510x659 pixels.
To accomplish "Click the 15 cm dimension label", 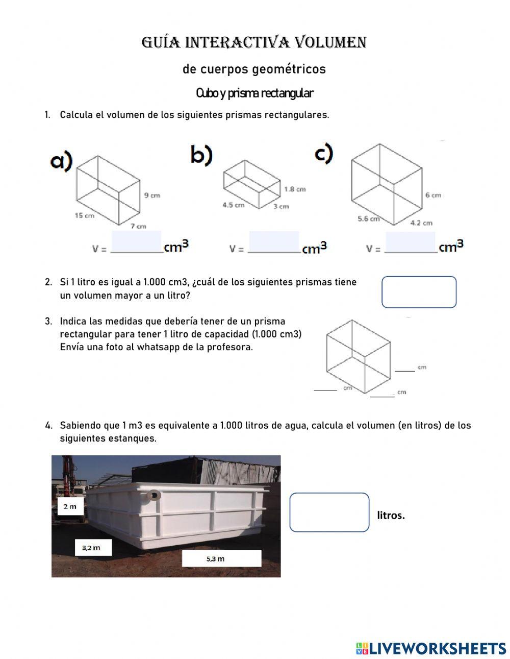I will tap(85, 215).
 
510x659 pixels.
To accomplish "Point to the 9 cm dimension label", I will tap(152, 196).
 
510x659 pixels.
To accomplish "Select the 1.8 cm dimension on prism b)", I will tap(295, 189).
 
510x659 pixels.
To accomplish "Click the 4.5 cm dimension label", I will tap(233, 205).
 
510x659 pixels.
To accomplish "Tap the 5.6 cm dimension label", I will tap(369, 218).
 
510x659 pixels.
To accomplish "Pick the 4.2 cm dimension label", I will tap(421, 223).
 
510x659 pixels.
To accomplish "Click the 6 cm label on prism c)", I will tap(433, 195).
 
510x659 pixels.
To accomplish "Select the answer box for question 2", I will tap(419, 292).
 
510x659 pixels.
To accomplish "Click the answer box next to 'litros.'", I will tap(329, 512).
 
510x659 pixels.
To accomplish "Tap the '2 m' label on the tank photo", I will tap(70, 507).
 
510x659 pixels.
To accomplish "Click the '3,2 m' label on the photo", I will tap(91, 548).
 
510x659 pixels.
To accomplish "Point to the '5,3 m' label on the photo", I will tap(216, 558).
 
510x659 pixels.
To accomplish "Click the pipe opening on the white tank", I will tap(153, 495).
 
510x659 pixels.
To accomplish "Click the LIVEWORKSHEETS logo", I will tap(430, 648).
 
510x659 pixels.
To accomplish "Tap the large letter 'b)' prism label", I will tap(201, 155).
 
